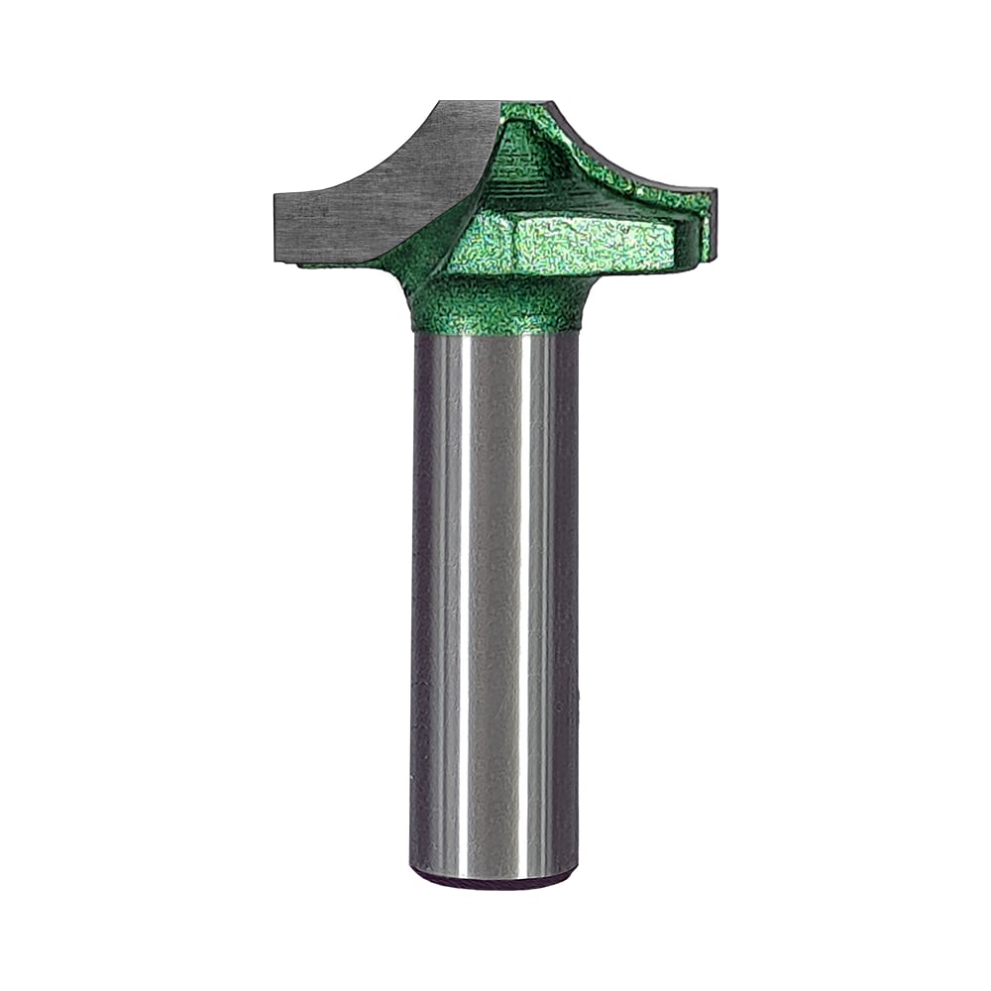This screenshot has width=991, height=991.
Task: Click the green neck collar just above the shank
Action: (495, 307)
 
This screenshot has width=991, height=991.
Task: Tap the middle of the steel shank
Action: (495, 605)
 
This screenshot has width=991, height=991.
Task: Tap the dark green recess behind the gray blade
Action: (525, 159)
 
